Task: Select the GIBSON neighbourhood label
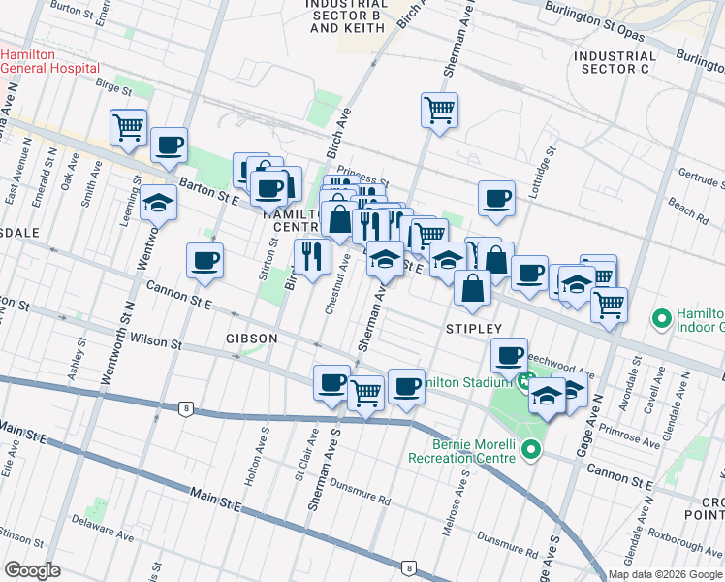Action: tap(252, 339)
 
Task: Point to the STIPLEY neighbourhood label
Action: tap(474, 329)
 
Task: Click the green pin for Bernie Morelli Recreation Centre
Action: tap(530, 450)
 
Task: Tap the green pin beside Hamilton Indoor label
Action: tap(663, 318)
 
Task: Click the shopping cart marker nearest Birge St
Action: tap(128, 126)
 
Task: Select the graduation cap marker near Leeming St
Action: tap(159, 204)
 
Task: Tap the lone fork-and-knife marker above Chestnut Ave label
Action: tap(312, 258)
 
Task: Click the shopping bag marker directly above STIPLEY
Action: tap(471, 289)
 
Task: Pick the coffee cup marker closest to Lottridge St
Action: tap(496, 199)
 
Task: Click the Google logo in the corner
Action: tap(32, 570)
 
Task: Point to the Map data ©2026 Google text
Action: tap(664, 574)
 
